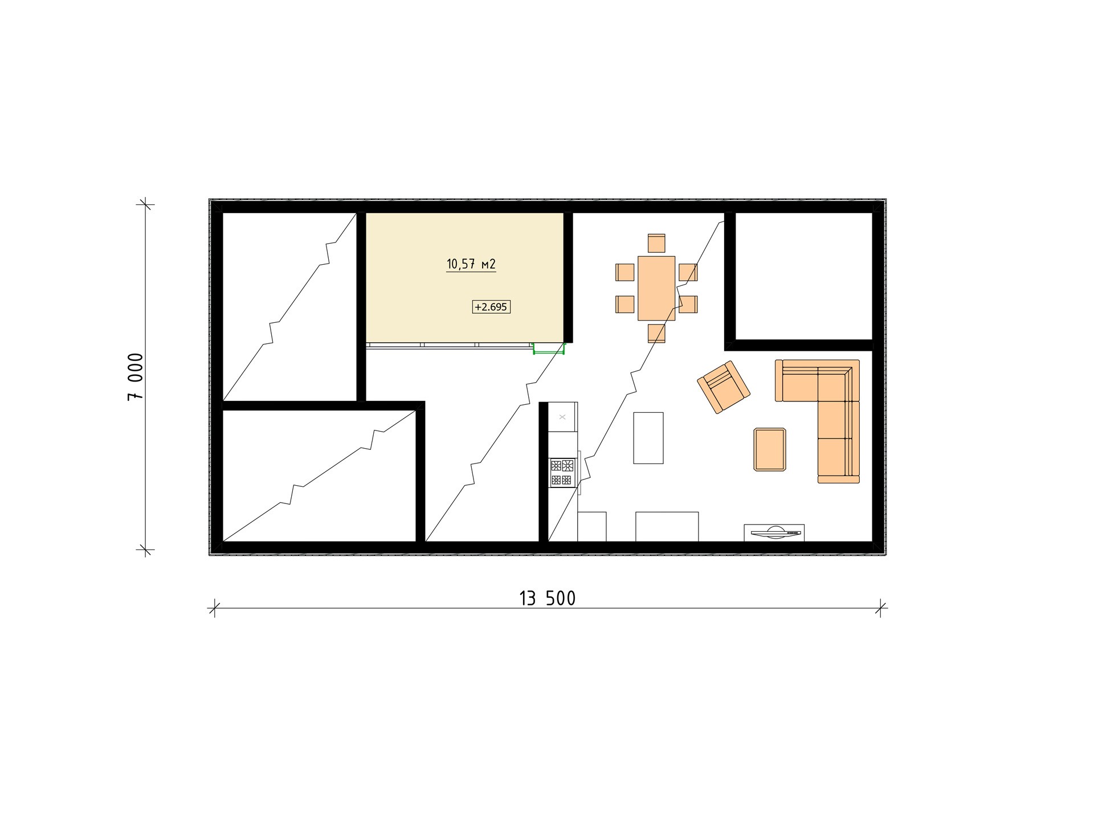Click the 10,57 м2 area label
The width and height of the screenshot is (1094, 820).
[x=471, y=264]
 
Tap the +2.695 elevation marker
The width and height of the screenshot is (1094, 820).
[x=491, y=307]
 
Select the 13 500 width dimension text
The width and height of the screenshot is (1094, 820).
[x=547, y=598]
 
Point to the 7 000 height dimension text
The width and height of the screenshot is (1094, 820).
[x=136, y=377]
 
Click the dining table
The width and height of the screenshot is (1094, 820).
[x=656, y=288]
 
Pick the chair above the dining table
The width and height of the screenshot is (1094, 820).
[x=656, y=243]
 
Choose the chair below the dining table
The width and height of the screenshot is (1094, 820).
[x=656, y=333]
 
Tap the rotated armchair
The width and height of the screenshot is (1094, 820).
[x=724, y=387]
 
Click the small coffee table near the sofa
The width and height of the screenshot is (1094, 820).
[x=770, y=449]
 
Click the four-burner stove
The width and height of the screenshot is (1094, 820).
[x=562, y=473]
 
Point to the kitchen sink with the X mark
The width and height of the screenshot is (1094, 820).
[x=562, y=417]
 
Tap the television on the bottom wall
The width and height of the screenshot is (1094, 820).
[x=774, y=533]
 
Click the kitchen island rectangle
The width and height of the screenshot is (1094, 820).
[x=648, y=438]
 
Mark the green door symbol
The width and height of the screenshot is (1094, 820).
[x=548, y=349]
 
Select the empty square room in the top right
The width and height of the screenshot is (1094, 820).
[x=803, y=276]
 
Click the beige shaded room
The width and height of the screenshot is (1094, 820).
[x=464, y=277]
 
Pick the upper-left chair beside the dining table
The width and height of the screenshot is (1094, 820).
[x=625, y=272]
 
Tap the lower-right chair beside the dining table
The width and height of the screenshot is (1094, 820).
[x=688, y=304]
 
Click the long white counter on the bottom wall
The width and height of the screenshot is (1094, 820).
[x=667, y=527]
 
